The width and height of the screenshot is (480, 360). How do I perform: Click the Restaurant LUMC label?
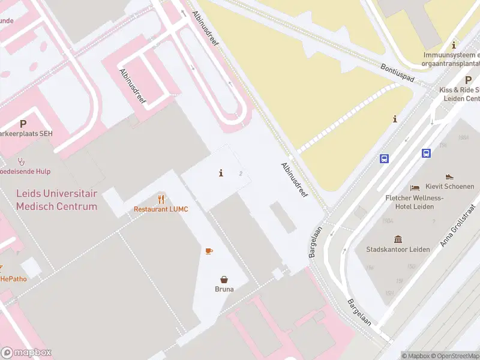[x=161, y=209]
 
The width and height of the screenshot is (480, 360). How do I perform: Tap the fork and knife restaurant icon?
[x=161, y=199]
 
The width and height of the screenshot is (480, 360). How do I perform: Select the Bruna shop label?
[x=224, y=289]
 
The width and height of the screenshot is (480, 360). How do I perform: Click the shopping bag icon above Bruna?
[x=224, y=279]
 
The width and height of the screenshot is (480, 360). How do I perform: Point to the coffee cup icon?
[x=209, y=251]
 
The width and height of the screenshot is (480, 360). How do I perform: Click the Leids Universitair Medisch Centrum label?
[x=56, y=200]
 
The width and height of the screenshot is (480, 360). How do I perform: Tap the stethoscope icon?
[x=21, y=161]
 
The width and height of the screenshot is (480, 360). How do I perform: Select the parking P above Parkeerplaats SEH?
[x=23, y=124]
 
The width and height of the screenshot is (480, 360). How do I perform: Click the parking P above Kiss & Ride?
[x=468, y=80]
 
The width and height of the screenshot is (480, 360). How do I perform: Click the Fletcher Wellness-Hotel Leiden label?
[x=414, y=202]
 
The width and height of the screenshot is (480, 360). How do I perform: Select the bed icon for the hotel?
[x=415, y=188]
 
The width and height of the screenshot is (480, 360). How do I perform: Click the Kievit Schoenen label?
[x=450, y=187]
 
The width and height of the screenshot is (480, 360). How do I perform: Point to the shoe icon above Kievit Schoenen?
[x=449, y=177]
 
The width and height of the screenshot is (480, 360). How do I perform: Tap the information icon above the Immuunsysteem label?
[x=454, y=45]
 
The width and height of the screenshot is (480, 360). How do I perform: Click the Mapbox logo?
[x=26, y=353]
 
